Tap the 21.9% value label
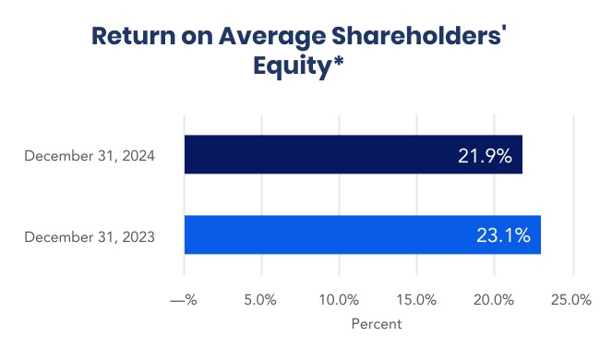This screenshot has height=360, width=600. pos(485,155)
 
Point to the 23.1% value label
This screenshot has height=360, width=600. pos(503,235)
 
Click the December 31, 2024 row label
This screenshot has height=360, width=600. pos(90,155)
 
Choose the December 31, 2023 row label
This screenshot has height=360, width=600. pos(90,237)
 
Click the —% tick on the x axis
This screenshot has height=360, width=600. pos(185,300)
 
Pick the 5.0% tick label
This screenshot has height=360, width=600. pos(262,300)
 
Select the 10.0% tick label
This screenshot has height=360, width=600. pos(340,300)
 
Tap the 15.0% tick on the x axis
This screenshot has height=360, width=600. pos(417,300)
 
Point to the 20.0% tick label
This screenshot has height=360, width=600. pos(495,300)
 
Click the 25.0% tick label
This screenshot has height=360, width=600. pos(571,300)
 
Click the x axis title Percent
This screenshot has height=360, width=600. pos(377,325)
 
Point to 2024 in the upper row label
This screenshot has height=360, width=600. pos(138,155)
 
